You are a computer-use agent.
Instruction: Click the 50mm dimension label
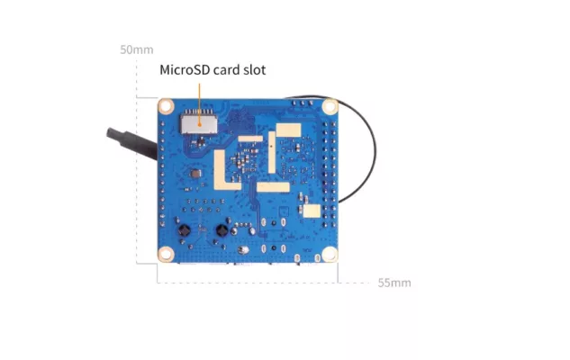click(x=137, y=49)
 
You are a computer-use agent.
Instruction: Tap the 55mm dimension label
click(x=394, y=283)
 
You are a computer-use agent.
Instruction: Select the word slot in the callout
click(x=255, y=69)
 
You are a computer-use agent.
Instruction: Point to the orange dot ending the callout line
click(x=199, y=124)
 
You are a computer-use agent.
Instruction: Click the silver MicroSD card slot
click(x=199, y=123)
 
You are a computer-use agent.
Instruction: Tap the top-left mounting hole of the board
click(x=166, y=106)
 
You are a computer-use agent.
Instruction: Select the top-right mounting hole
click(x=330, y=106)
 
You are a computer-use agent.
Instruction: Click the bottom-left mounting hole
click(x=166, y=254)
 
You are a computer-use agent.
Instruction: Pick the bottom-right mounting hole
click(x=330, y=255)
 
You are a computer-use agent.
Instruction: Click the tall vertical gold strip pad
click(x=272, y=152)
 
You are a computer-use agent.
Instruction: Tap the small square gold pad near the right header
click(x=312, y=211)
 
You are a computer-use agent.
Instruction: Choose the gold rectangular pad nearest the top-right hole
click(x=289, y=130)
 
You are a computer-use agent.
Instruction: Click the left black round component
click(x=184, y=229)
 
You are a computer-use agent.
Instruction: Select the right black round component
click(x=222, y=229)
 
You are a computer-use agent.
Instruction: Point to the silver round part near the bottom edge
click(x=243, y=249)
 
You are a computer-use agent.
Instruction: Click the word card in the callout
click(x=226, y=69)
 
